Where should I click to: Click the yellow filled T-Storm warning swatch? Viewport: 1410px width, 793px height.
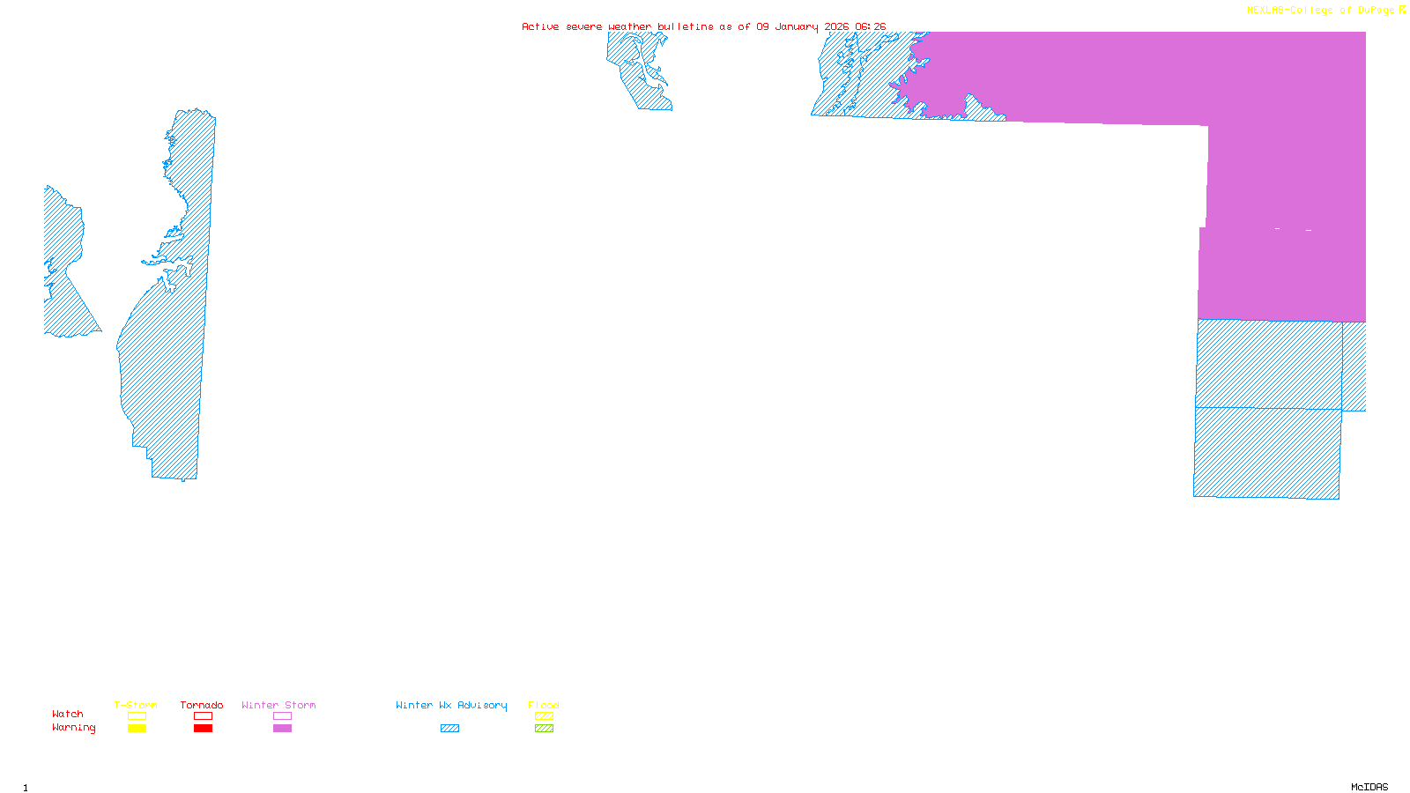[137, 729]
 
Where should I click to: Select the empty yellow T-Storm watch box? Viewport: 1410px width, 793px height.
[137, 716]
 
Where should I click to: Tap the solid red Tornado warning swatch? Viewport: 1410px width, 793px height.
[203, 729]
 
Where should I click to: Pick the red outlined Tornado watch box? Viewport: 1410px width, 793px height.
[203, 716]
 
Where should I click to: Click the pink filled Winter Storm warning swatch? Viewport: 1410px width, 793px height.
[282, 729]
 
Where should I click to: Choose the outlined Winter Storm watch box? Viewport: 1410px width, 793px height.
[282, 716]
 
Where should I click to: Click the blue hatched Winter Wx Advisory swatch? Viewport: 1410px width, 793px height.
[449, 729]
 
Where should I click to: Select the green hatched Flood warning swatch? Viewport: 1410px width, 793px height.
[544, 729]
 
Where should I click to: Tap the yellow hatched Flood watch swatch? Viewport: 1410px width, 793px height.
[544, 716]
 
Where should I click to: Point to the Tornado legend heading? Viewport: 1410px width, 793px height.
[202, 705]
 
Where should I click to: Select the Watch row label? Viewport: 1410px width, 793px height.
[68, 714]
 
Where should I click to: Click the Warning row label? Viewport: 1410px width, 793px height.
[73, 728]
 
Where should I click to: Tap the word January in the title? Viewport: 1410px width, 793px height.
[797, 26]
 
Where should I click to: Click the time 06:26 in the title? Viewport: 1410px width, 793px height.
[870, 26]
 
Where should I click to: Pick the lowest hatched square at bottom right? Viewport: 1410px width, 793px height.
[1267, 453]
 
